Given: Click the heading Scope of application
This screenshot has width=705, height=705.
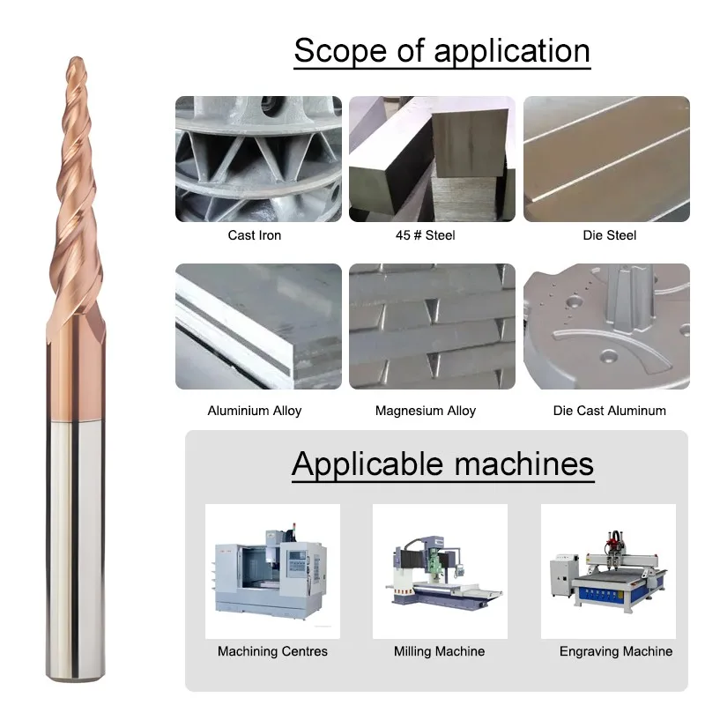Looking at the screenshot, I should pyautogui.click(x=442, y=50).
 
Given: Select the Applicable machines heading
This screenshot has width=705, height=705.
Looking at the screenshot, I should pyautogui.click(x=442, y=464).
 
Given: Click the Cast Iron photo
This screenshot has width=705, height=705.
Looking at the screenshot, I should pyautogui.click(x=258, y=159).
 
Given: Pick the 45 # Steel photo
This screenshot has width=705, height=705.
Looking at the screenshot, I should pyautogui.click(x=432, y=159).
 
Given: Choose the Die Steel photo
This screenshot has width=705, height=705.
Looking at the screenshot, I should pyautogui.click(x=606, y=159).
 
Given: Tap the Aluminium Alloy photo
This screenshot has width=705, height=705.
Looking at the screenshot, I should pyautogui.click(x=258, y=326).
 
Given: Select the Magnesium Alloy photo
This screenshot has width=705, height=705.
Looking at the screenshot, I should pyautogui.click(x=432, y=326).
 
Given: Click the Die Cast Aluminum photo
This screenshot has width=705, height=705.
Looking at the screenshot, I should pyautogui.click(x=606, y=326).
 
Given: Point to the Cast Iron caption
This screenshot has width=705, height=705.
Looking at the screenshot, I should pyautogui.click(x=255, y=235).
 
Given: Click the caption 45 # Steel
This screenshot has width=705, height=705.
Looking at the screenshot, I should pyautogui.click(x=426, y=235).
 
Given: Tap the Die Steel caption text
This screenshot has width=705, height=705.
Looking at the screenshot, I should pyautogui.click(x=609, y=235).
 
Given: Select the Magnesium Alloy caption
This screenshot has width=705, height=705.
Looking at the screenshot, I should pyautogui.click(x=426, y=411).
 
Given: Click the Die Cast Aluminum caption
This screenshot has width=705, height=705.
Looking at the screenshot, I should pyautogui.click(x=609, y=411).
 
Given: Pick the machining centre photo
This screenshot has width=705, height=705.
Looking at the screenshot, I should pyautogui.click(x=272, y=571).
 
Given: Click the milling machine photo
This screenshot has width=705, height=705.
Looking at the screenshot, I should pyautogui.click(x=440, y=571).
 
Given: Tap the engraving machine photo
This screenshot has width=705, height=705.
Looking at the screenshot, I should pyautogui.click(x=608, y=571).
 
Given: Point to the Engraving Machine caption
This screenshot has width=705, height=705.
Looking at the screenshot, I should pyautogui.click(x=616, y=651).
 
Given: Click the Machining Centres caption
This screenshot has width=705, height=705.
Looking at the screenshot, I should pyautogui.click(x=272, y=651).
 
